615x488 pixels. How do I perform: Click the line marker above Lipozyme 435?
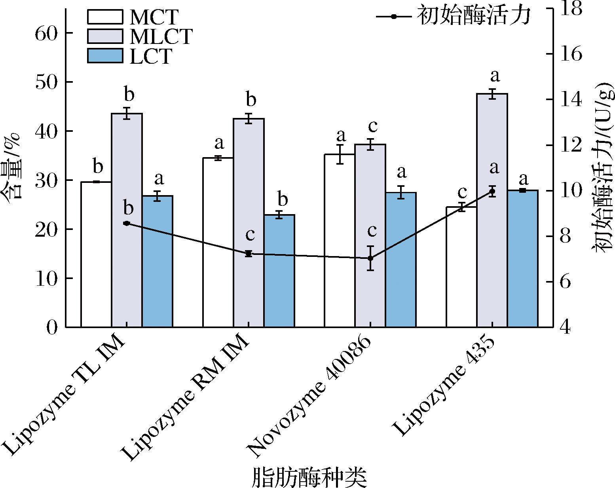492,192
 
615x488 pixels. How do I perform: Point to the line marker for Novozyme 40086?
370,258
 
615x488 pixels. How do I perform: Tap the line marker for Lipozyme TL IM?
127,223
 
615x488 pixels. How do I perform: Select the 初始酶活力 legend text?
473,17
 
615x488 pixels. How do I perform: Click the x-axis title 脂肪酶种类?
309,477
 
